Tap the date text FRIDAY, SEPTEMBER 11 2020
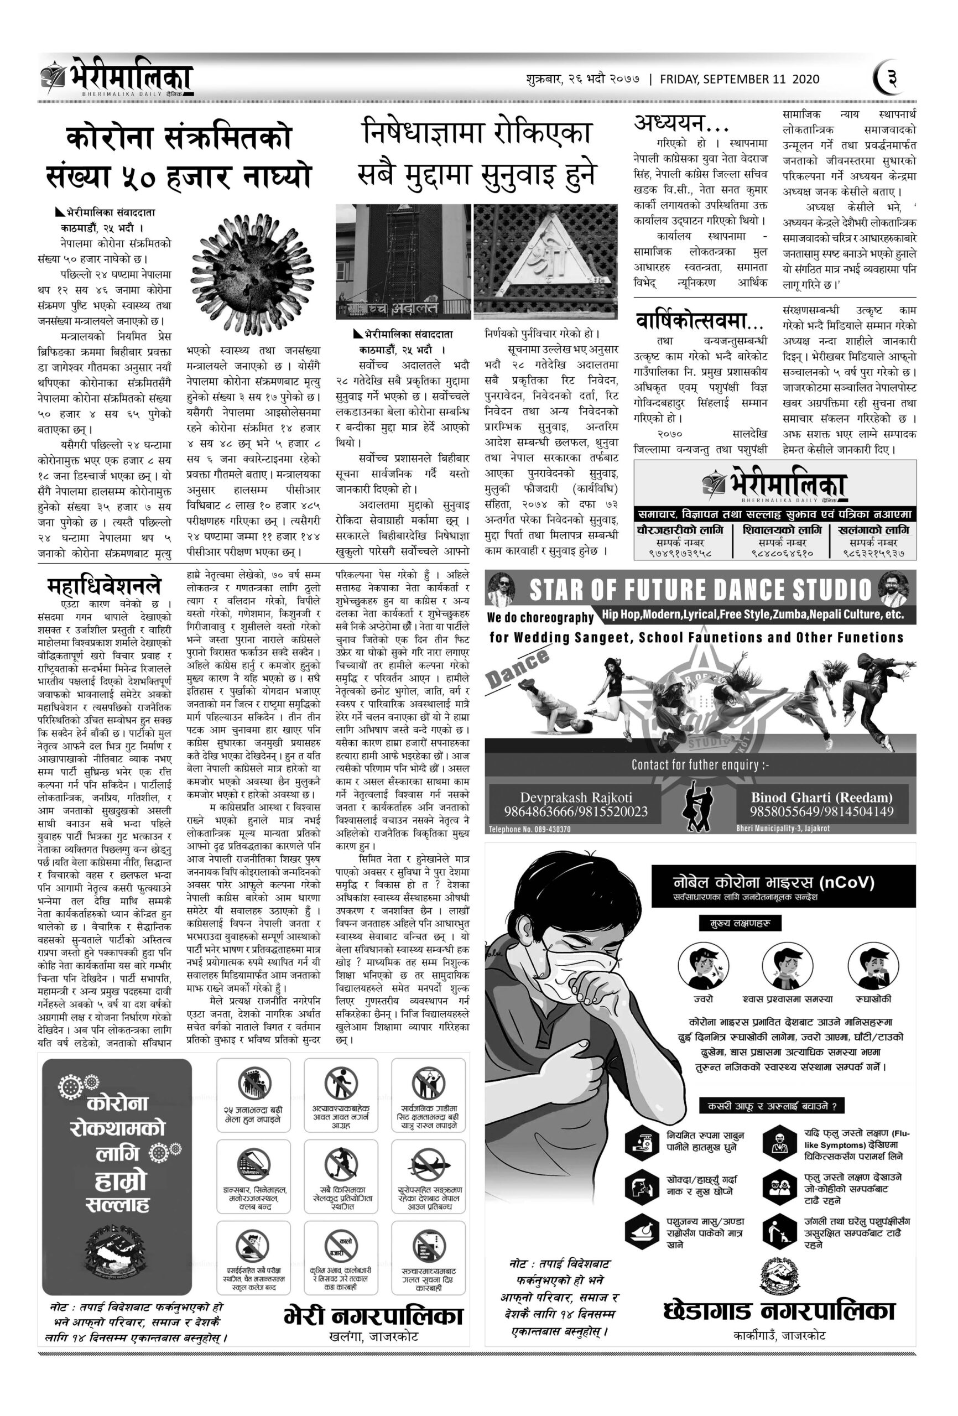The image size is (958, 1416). pos(739,79)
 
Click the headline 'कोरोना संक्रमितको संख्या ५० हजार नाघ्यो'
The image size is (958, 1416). pos(179,157)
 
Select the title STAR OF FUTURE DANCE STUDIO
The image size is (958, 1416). pos(700,589)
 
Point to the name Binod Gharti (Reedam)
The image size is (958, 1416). pos(821,797)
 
